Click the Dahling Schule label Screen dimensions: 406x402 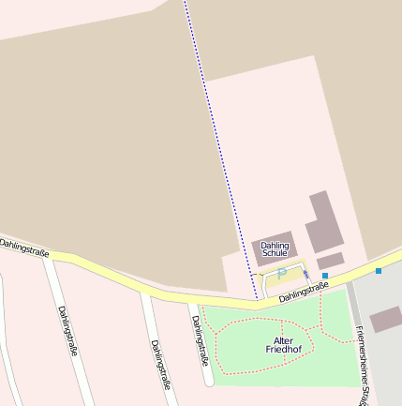(x=275, y=249)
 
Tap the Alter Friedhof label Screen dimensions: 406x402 (x=284, y=345)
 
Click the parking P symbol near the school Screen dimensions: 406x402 (x=282, y=273)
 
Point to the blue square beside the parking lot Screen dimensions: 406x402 (x=325, y=276)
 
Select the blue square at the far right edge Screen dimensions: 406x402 (x=379, y=271)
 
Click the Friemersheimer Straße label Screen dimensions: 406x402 (x=362, y=366)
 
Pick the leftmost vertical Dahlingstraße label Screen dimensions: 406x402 (x=67, y=331)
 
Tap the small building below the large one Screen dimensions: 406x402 (x=330, y=260)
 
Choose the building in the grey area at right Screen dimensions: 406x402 (x=385, y=320)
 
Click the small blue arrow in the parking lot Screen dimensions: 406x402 (x=305, y=275)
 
